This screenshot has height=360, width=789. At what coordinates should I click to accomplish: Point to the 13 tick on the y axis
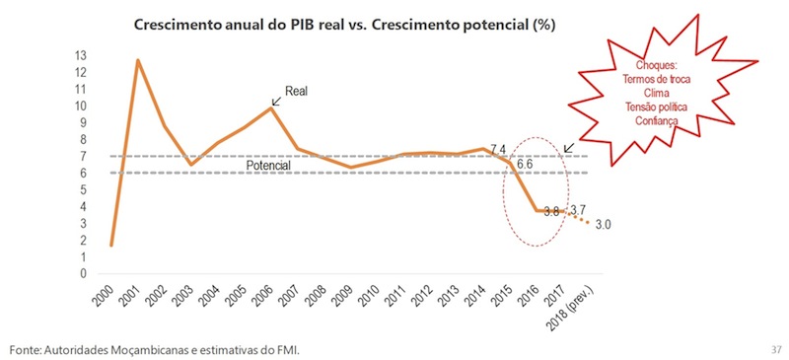point(81,56)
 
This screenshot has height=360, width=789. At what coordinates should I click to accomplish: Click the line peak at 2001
point(137,60)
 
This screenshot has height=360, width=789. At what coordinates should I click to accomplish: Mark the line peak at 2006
point(271,108)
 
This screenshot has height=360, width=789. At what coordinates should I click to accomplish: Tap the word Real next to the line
point(298,92)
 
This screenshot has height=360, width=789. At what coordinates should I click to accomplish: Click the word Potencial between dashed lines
point(267,166)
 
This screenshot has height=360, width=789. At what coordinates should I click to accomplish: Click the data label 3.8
point(551,211)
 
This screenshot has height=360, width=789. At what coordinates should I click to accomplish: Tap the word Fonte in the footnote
point(27,350)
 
